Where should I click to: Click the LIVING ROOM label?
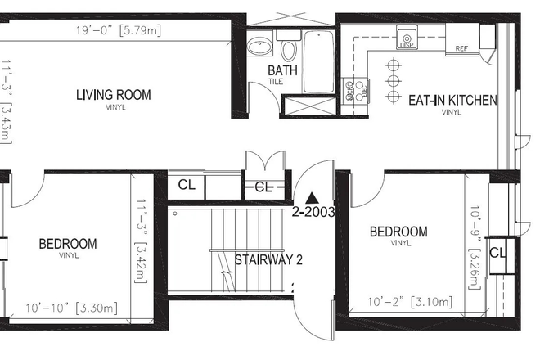coord(113,95)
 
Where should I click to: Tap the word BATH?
coord(283,70)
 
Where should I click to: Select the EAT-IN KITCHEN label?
coord(452,101)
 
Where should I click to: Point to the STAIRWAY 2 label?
coord(269,261)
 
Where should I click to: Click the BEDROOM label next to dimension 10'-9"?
coord(398,232)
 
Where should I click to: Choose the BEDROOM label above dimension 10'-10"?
coord(68,244)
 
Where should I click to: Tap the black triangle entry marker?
coord(311,197)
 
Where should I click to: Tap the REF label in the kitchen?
coord(461,48)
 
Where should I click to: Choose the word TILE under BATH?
coord(279,83)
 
